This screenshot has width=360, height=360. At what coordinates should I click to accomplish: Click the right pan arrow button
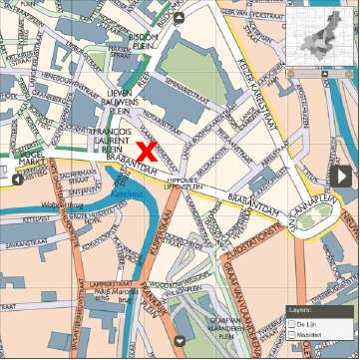(340, 176)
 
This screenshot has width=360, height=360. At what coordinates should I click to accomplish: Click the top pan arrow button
(179, 17)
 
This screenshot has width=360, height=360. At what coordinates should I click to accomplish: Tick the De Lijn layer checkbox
(291, 325)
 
